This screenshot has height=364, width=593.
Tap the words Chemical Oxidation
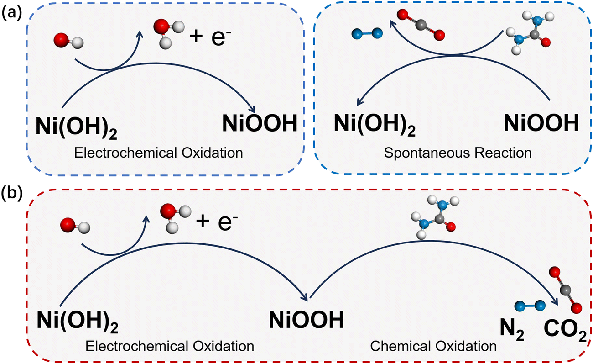(433, 346)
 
